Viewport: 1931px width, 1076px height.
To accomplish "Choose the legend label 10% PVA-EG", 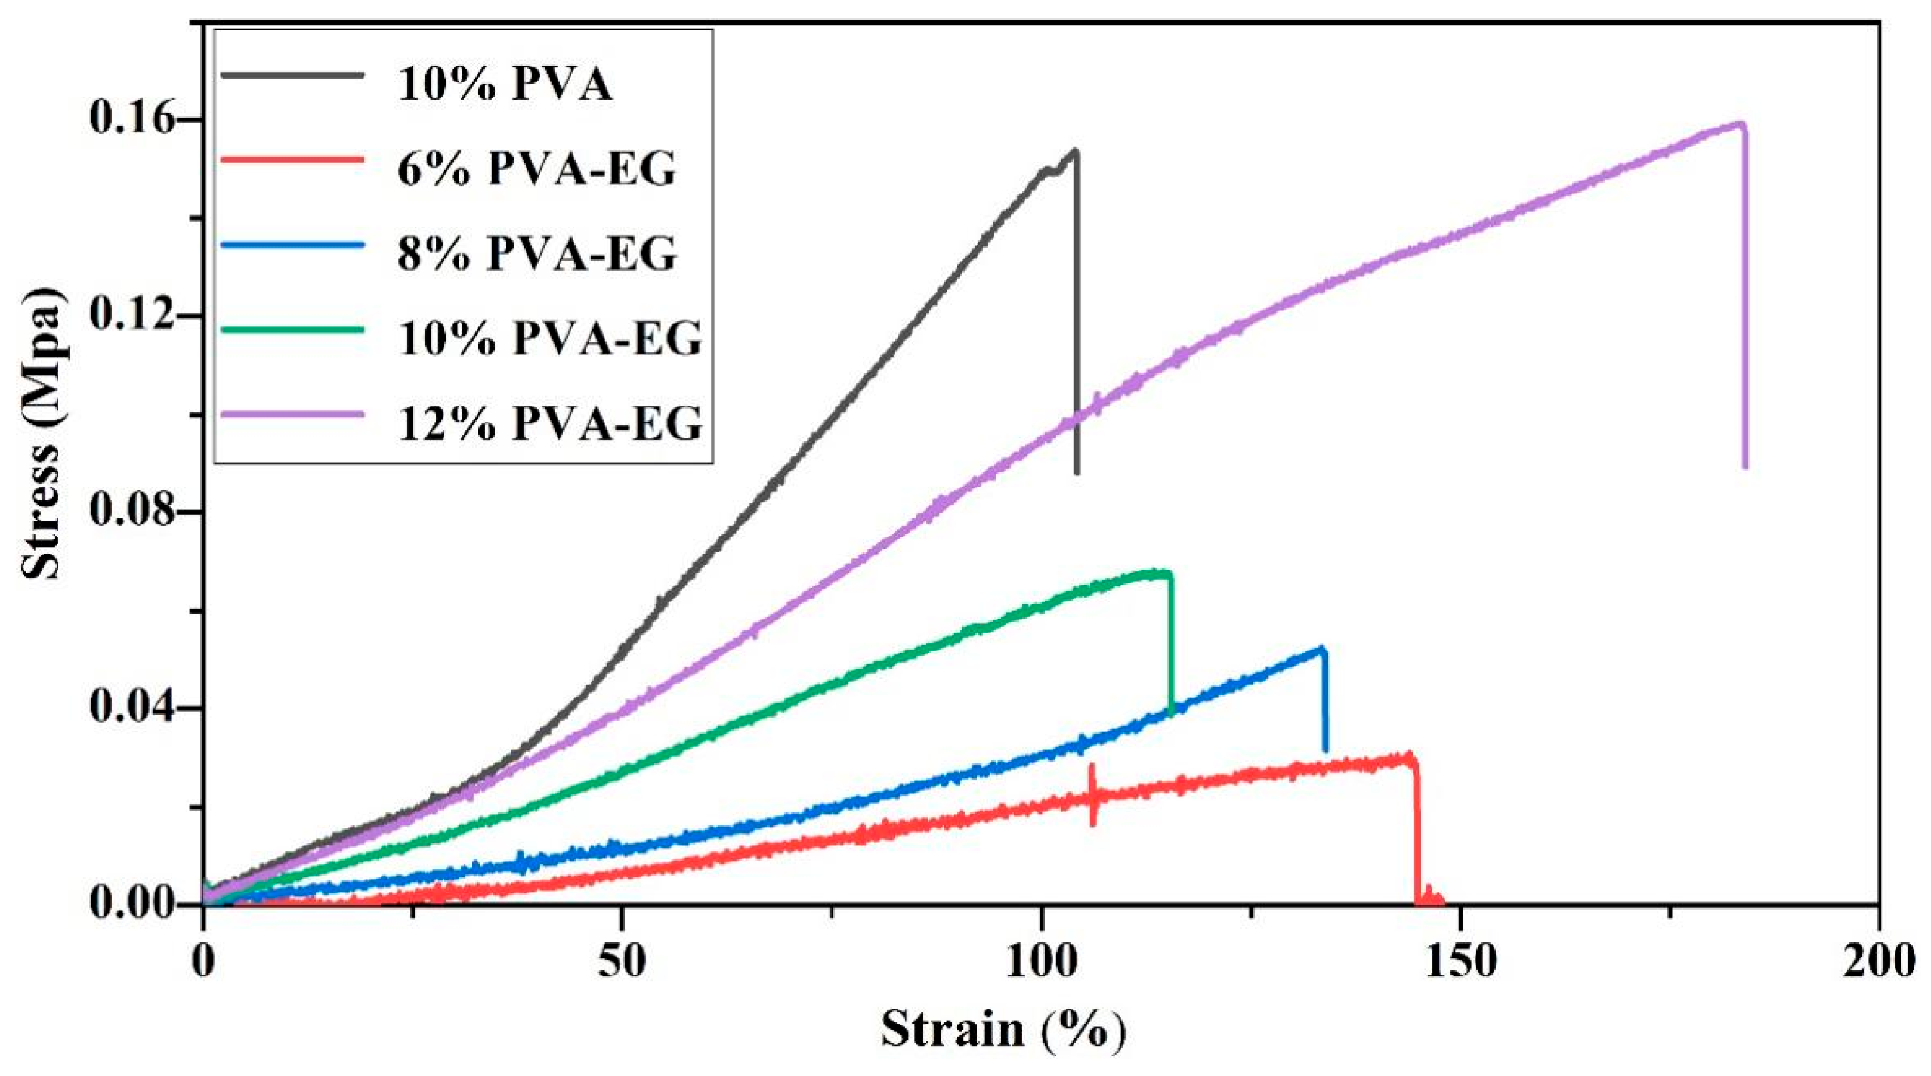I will [549, 339].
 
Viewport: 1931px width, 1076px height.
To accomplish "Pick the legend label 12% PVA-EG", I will [549, 423].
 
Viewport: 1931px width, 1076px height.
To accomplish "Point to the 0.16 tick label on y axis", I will [138, 120].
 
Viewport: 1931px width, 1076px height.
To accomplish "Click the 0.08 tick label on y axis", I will [138, 512].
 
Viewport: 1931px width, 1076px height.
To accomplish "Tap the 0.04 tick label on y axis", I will [138, 709].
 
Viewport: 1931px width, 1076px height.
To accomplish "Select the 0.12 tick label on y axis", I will [138, 316].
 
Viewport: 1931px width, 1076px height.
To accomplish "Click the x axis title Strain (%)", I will [1003, 1030].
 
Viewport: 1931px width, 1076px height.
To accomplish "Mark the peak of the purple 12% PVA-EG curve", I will [1739, 123].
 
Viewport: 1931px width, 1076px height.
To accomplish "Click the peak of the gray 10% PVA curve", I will [1075, 151].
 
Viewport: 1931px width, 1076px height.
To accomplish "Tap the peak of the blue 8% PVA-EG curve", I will [1323, 648].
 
